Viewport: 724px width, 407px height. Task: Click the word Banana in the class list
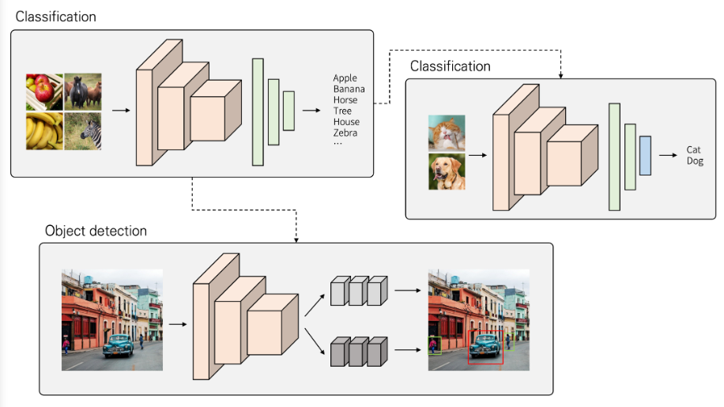349,89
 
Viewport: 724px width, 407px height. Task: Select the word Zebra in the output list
345,133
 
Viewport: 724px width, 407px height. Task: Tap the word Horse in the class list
345,100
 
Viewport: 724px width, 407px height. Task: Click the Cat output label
693,149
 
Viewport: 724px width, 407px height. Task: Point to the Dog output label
695,161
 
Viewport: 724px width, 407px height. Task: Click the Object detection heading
96,231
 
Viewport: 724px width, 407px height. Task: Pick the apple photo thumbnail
44,92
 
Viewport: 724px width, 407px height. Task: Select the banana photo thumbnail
44,131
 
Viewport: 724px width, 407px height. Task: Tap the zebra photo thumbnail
83,131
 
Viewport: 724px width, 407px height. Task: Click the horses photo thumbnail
83,92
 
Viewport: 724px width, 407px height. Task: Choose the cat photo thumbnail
447,134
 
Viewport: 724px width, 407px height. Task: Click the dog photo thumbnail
447,171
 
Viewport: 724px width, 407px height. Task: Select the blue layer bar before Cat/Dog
645,156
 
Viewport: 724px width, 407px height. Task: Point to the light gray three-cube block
359,291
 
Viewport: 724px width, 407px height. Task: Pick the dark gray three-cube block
359,352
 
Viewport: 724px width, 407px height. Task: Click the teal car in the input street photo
119,346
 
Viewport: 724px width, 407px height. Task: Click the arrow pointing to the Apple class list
311,111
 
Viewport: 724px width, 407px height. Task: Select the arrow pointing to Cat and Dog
668,155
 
